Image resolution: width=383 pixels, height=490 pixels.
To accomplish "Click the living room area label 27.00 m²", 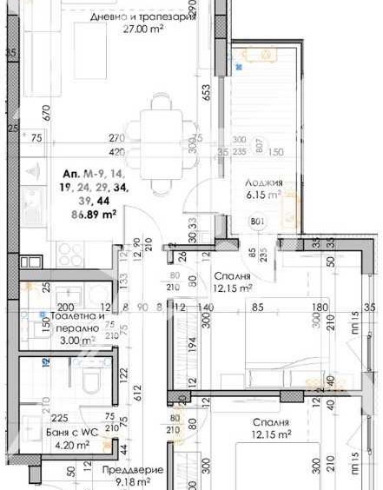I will point(132,27).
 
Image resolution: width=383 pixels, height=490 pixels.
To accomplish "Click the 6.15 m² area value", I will point(261,196).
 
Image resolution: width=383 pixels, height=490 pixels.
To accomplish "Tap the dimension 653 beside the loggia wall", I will point(207,93).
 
